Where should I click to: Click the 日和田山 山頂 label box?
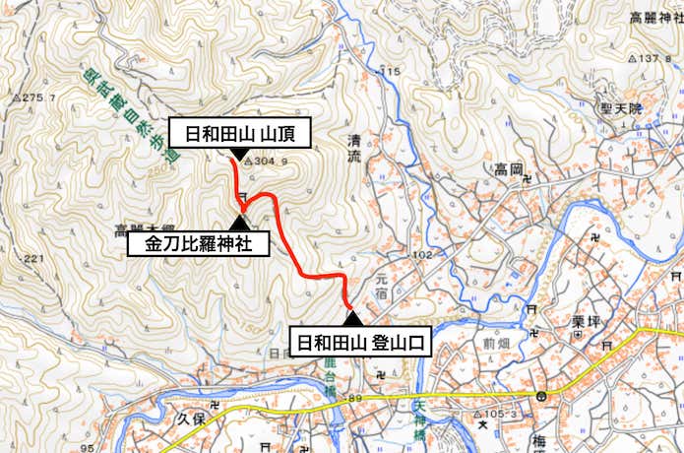tap(241, 133)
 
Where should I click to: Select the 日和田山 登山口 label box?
tap(361, 343)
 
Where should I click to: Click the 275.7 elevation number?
tap(40, 97)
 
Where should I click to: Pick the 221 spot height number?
tap(34, 258)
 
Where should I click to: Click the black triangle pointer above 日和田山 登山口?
tap(351, 318)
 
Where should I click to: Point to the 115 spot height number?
tap(393, 72)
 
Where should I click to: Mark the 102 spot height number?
tap(424, 256)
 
